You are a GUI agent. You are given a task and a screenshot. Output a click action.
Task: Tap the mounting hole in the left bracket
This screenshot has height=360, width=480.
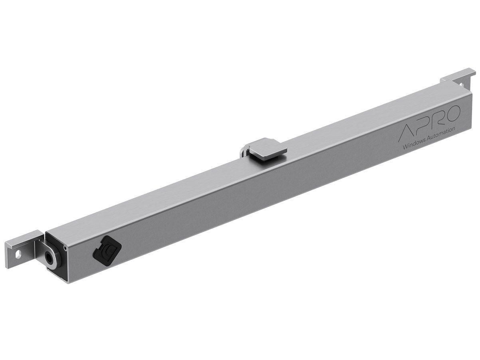tap(17, 253)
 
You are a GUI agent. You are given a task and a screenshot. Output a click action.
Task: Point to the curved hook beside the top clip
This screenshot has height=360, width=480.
tap(244, 152)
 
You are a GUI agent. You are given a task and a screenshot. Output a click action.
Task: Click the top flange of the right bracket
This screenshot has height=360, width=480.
tap(459, 75)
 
